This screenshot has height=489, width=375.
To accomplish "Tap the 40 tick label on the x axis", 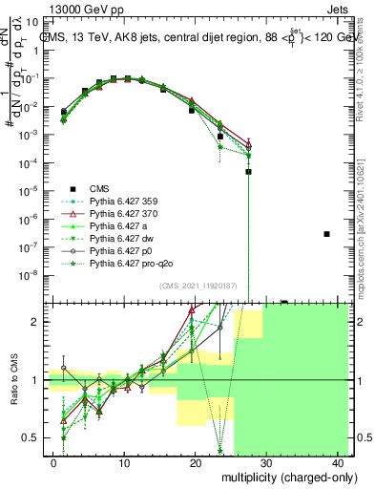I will tap(341, 463).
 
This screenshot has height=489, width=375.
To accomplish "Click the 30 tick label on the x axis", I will tap(268, 463).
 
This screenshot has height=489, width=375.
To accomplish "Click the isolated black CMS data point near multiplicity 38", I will tap(327, 234).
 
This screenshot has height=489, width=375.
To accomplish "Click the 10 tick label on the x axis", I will tap(124, 463).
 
